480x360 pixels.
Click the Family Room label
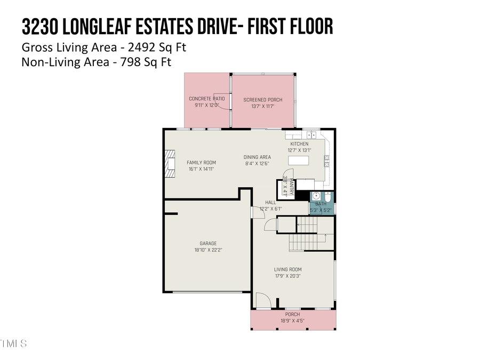pyautogui.click(x=201, y=162)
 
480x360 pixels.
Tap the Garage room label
pyautogui.click(x=208, y=243)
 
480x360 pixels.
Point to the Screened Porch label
pyautogui.click(x=263, y=100)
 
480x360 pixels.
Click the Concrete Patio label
pyautogui.click(x=207, y=99)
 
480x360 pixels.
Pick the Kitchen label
pyautogui.click(x=299, y=144)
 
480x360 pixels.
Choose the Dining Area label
pyautogui.click(x=257, y=157)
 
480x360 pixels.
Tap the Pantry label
pyautogui.click(x=292, y=188)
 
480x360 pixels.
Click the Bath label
pyautogui.click(x=321, y=204)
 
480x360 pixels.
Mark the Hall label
pyautogui.click(x=271, y=202)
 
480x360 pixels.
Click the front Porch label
pyautogui.click(x=292, y=315)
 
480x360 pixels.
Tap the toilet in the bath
pyautogui.click(x=328, y=198)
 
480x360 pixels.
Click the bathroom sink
pyautogui.click(x=316, y=196)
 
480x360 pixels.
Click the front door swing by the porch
pyautogui.click(x=263, y=301)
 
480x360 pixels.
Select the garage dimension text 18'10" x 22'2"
pyautogui.click(x=208, y=250)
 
